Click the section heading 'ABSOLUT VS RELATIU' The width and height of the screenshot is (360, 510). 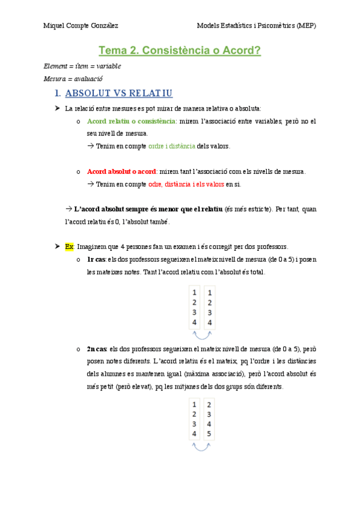[x=118, y=93]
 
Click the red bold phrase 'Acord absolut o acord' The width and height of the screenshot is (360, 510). [x=122, y=171]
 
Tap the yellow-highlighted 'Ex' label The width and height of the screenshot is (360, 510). [x=69, y=247]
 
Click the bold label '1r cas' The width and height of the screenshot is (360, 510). [x=96, y=259]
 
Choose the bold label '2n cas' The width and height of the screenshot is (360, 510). [x=97, y=348]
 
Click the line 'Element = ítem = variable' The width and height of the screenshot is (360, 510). [x=82, y=66]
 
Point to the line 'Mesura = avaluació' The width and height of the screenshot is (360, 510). [x=74, y=78]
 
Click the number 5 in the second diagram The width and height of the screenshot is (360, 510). [x=209, y=434]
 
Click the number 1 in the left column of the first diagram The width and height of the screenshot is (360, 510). [x=194, y=293]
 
